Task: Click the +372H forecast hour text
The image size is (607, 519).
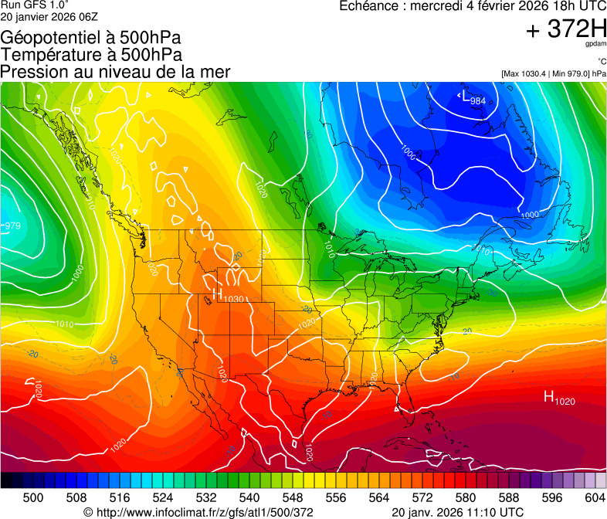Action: click(x=566, y=29)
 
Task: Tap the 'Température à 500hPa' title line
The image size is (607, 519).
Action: click(x=91, y=55)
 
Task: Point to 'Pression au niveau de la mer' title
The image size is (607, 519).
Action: click(x=116, y=72)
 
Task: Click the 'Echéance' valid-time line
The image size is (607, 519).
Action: click(x=472, y=7)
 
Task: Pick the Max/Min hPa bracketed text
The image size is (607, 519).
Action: click(x=553, y=73)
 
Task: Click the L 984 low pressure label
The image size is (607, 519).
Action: click(x=473, y=99)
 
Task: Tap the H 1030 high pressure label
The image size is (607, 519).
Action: click(x=229, y=297)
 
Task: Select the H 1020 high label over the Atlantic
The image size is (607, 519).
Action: click(x=559, y=398)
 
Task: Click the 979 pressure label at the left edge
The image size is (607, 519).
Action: click(x=12, y=226)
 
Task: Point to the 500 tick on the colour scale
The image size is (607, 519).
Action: click(x=33, y=496)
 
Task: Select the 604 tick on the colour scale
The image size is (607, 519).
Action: click(x=595, y=496)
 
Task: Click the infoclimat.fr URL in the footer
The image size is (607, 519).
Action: click(x=198, y=512)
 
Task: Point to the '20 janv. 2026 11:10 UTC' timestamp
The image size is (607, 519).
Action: click(x=458, y=512)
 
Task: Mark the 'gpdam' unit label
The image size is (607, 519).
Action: click(x=595, y=44)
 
